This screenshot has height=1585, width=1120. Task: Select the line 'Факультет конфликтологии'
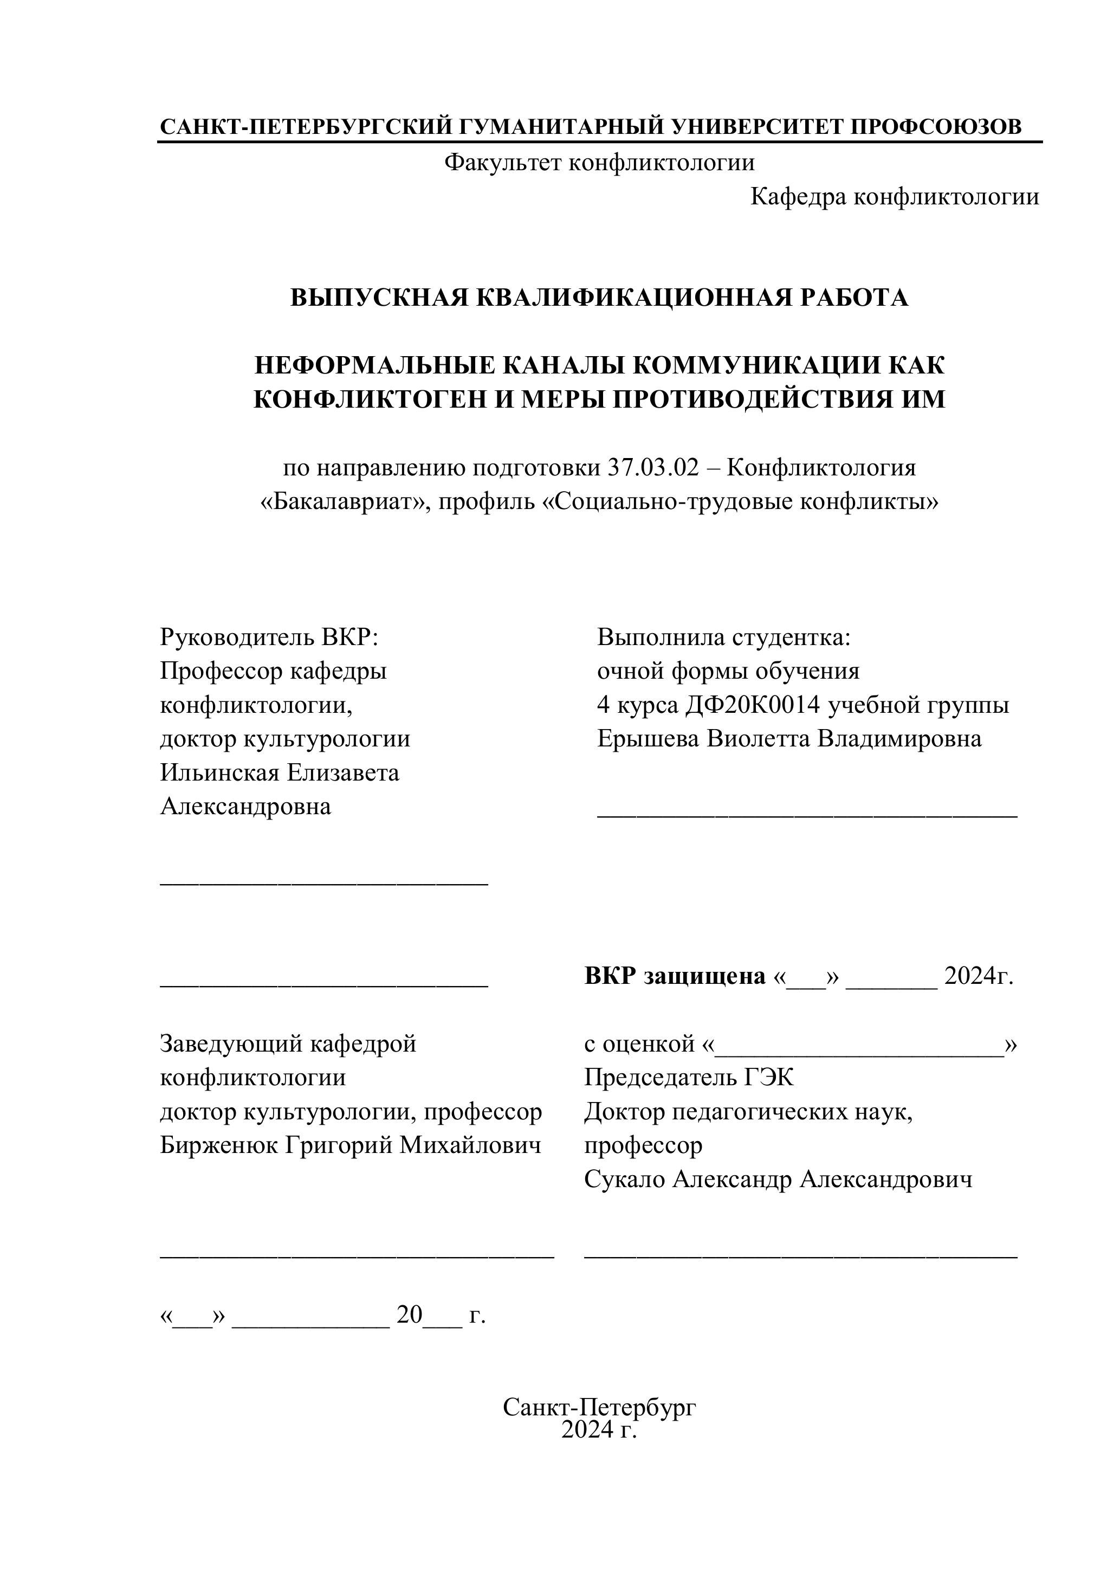tap(599, 163)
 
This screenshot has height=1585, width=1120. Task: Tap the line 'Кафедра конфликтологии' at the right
tap(895, 197)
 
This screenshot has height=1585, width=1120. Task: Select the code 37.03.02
tap(653, 468)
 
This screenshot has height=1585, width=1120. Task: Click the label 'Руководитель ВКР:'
tap(270, 636)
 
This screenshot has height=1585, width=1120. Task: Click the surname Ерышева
tap(648, 739)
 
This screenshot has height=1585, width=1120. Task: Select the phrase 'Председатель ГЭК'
tap(689, 1078)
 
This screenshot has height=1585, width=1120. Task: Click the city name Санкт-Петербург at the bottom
tap(599, 1407)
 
